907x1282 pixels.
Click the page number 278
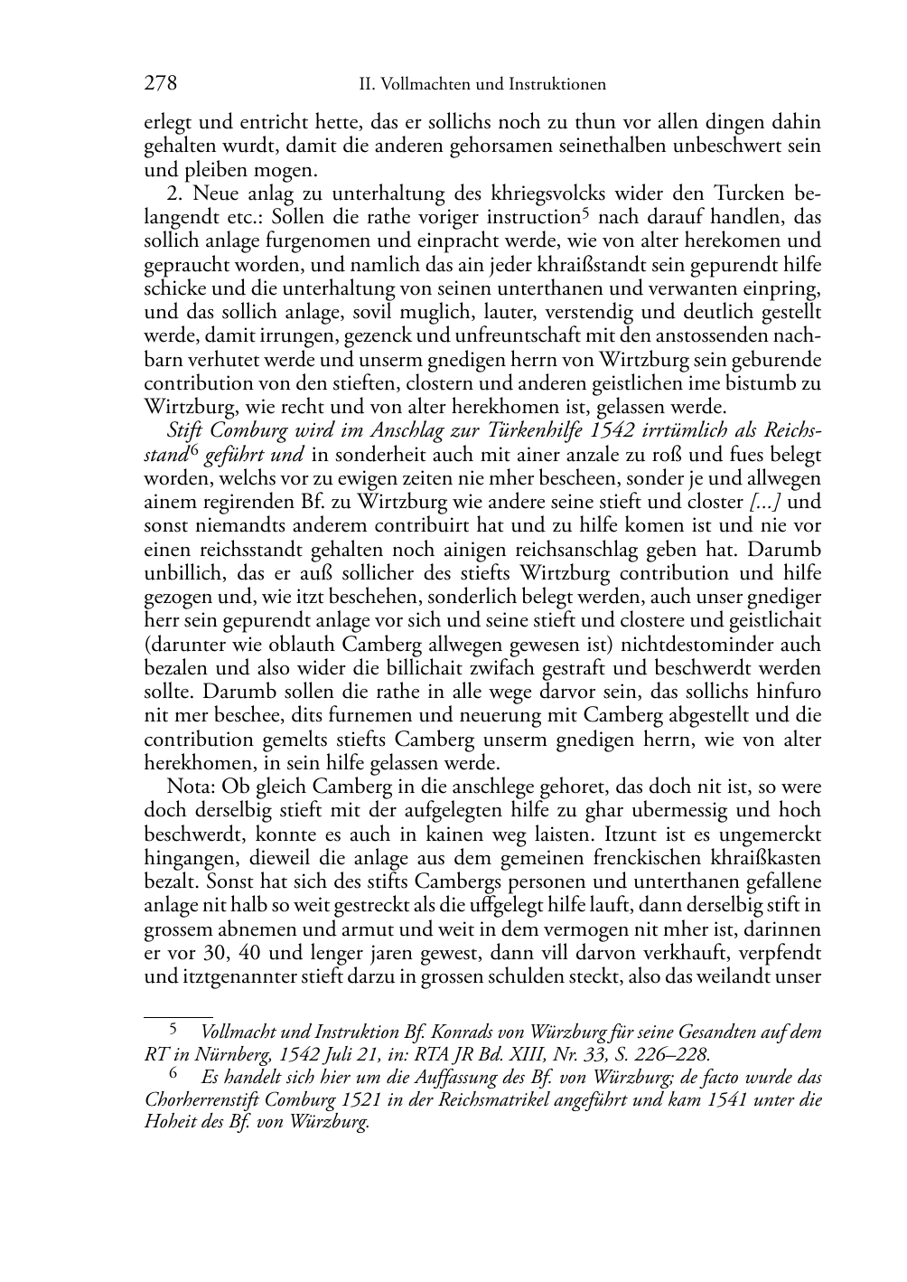click(160, 84)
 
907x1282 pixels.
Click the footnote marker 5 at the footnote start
click(173, 1028)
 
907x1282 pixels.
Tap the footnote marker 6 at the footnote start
click(173, 1075)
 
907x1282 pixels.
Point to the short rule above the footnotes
click(178, 1016)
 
